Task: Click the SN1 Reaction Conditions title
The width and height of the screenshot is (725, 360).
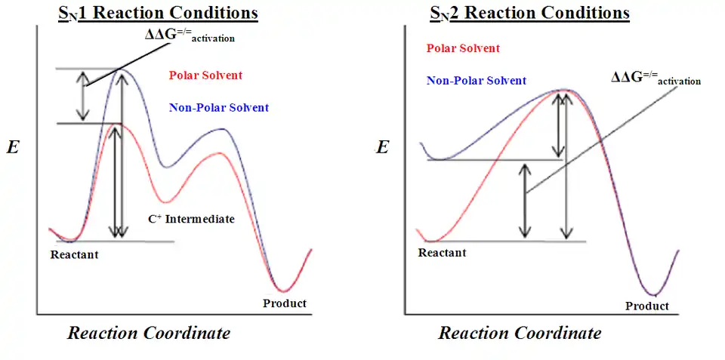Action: point(159,14)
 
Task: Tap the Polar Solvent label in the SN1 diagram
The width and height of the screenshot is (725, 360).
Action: point(205,75)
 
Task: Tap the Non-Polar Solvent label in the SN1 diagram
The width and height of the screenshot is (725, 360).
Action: point(219,108)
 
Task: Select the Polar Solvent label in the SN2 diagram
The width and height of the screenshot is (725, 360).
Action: point(463,48)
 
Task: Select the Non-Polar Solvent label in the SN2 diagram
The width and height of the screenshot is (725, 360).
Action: point(477,81)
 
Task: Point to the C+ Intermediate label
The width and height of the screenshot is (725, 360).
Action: point(191,220)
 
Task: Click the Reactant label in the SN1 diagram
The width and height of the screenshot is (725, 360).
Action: point(74,255)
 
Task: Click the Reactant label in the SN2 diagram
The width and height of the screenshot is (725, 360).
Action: point(442,253)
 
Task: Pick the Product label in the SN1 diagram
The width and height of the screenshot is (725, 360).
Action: point(285,303)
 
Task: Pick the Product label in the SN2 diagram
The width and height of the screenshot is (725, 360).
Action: point(647,306)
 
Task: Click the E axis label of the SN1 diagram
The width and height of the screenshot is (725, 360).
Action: point(13,147)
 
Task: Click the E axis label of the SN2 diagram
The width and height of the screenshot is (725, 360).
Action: point(383,147)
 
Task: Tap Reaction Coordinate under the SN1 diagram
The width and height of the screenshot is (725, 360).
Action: point(149,333)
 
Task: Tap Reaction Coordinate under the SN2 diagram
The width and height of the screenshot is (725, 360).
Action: point(520,333)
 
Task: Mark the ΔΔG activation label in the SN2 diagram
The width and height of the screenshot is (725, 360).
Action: point(655,78)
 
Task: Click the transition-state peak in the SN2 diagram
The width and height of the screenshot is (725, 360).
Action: point(563,90)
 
